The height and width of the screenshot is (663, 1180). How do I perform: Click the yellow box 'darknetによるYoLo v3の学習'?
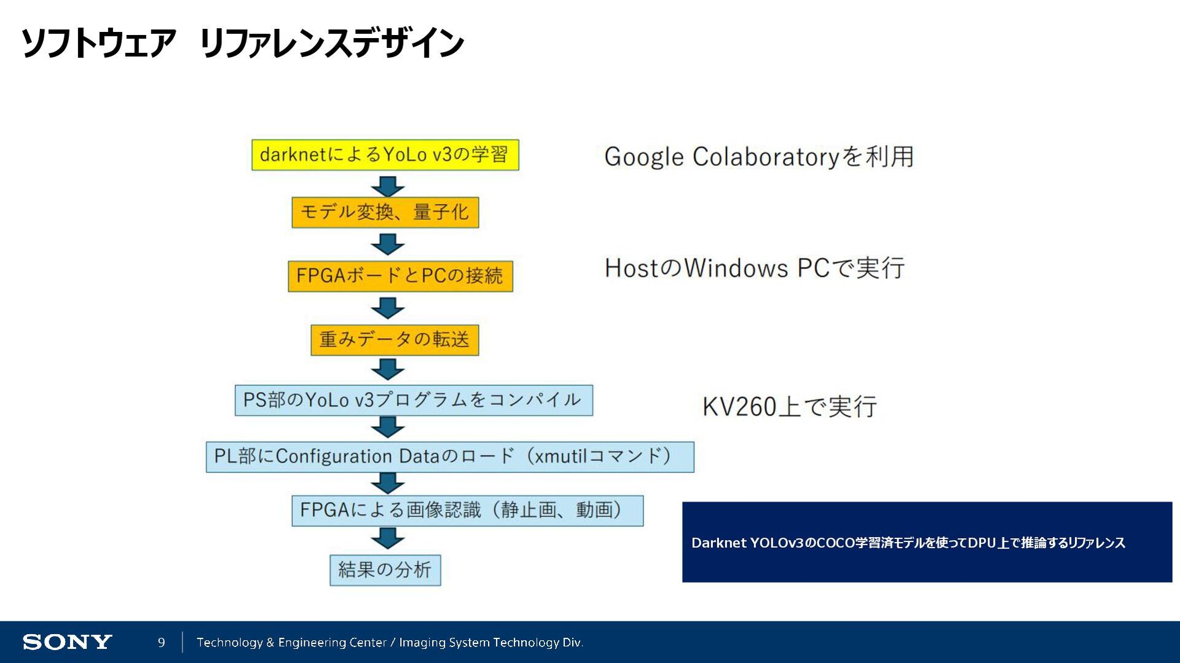point(385,155)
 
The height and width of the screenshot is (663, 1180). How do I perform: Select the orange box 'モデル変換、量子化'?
point(385,213)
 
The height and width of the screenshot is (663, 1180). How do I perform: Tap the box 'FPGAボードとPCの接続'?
point(400,276)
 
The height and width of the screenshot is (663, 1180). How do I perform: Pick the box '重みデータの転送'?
point(395,340)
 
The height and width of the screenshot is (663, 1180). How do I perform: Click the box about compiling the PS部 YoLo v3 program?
point(414,401)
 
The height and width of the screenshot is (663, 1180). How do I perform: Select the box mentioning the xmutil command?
point(450,457)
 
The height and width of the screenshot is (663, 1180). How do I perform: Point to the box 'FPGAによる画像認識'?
point(467,511)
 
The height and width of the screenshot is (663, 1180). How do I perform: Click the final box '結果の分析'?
point(385,570)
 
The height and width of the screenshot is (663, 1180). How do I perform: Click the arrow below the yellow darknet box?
point(388,186)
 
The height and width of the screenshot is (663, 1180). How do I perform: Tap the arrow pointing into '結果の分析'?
point(388,538)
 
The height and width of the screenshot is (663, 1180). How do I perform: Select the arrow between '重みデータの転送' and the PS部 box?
point(388,369)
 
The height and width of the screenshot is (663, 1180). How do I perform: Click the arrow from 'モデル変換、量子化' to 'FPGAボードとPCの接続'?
point(388,244)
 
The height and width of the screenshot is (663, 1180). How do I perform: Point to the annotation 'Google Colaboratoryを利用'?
point(758,157)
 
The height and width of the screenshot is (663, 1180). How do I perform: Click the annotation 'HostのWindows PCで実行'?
point(754,269)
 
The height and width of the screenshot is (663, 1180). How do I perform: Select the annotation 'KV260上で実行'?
point(789,407)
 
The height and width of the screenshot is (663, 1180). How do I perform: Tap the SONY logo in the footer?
point(67,642)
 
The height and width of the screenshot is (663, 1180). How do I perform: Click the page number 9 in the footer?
point(162,642)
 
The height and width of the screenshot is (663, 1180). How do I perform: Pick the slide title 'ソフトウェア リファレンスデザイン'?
point(242,43)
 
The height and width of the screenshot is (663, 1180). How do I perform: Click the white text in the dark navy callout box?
point(908,543)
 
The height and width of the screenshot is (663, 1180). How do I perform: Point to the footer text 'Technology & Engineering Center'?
point(292,642)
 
